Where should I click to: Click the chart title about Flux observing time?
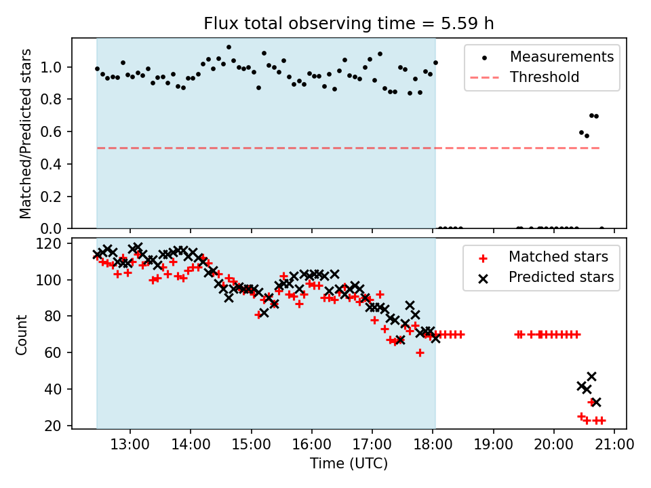pyautogui.click(x=349, y=24)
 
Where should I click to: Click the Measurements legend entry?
pyautogui.click(x=561, y=56)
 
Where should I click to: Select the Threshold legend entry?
pyautogui.click(x=545, y=77)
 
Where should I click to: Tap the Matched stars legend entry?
pyautogui.click(x=558, y=257)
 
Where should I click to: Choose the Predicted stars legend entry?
pyautogui.click(x=561, y=277)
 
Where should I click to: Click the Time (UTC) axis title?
pyautogui.click(x=349, y=464)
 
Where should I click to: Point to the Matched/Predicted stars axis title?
pyautogui.click(x=26, y=134)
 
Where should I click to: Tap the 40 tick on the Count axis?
pyautogui.click(x=54, y=390)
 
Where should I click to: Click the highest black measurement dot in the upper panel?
pyautogui.click(x=229, y=47)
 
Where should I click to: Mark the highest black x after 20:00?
pyautogui.click(x=591, y=376)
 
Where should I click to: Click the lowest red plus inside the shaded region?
pyautogui.click(x=420, y=352)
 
